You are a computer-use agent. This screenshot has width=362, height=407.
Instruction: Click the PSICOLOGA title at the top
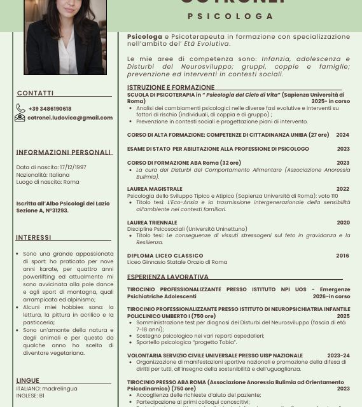(231, 17)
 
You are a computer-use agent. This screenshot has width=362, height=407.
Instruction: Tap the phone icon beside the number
(21, 109)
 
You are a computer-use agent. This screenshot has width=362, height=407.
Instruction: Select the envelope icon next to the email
(20, 118)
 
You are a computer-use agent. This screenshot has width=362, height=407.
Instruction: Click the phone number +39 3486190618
(50, 109)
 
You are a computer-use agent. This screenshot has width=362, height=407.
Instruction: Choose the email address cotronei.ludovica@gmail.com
(70, 118)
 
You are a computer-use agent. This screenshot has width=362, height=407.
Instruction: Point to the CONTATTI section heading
(36, 93)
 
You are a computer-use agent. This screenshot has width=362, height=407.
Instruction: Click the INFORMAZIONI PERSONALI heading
(64, 153)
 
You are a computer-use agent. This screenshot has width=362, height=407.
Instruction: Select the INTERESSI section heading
(34, 238)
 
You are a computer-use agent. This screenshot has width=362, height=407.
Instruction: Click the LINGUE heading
(28, 380)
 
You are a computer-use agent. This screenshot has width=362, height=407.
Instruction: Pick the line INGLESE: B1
(31, 396)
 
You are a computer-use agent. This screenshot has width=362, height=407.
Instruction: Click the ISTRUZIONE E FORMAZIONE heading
(171, 88)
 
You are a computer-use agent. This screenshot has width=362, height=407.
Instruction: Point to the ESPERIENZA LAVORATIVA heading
(168, 277)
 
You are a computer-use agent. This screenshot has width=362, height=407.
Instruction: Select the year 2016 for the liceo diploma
(342, 256)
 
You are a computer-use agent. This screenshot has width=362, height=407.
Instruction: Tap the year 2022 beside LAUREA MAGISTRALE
(343, 189)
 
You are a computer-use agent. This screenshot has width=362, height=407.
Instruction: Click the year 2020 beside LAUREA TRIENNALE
(343, 223)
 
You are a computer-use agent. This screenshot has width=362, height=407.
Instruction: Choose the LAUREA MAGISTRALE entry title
(155, 189)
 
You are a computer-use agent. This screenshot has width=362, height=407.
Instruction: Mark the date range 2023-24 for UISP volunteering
(338, 355)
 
